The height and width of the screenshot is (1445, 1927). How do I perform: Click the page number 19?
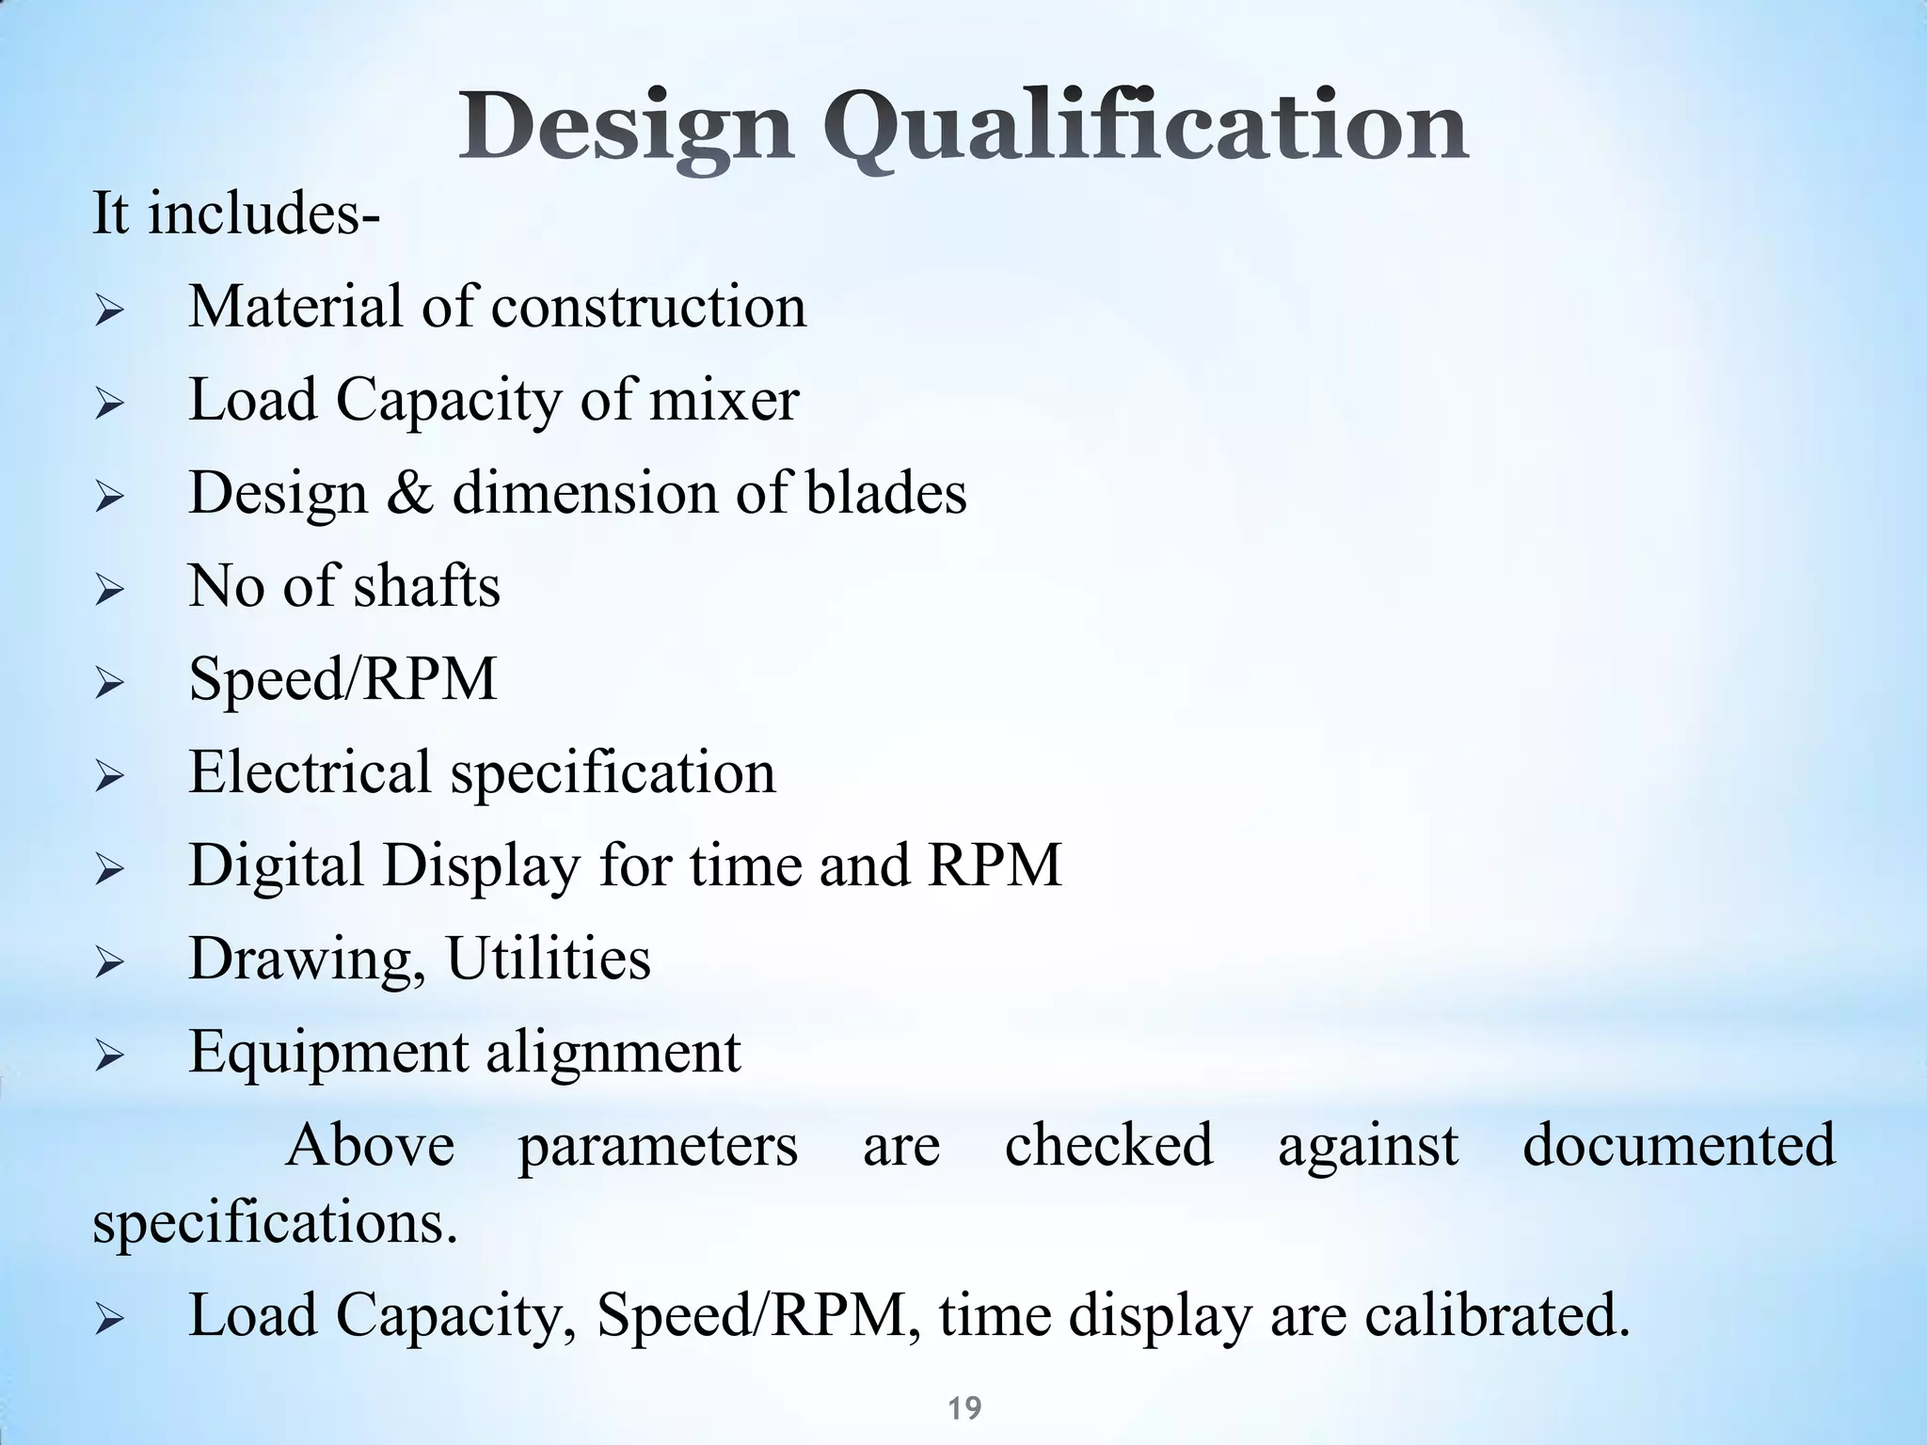click(964, 1408)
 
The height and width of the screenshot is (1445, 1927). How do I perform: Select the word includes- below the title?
click(264, 214)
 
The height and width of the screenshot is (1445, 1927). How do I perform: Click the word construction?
click(648, 307)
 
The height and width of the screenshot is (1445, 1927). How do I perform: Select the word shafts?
click(426, 585)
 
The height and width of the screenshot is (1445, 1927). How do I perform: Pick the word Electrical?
click(310, 771)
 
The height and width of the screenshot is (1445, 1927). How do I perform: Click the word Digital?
click(276, 865)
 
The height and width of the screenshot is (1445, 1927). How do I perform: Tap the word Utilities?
click(548, 958)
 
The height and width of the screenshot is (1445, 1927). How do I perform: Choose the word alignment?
click(613, 1051)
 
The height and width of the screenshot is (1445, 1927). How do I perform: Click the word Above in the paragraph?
click(370, 1145)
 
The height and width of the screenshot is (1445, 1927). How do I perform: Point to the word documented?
click(1679, 1145)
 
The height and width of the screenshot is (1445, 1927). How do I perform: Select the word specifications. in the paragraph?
click(275, 1222)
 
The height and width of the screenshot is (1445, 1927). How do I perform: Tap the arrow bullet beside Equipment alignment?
click(110, 1056)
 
